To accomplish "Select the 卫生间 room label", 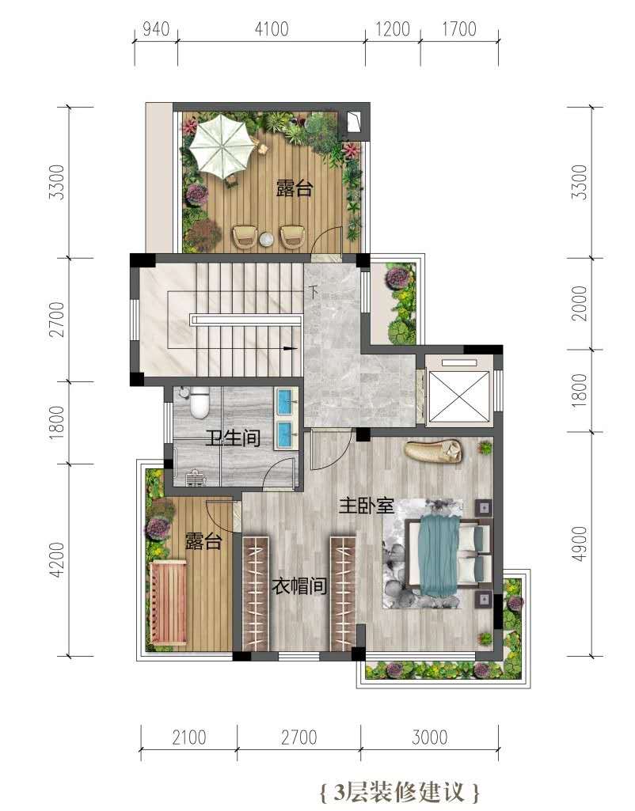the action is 232,438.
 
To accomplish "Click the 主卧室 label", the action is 367,506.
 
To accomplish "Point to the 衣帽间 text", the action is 299,586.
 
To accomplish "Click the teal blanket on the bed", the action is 439,556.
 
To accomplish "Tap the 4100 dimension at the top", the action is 272,29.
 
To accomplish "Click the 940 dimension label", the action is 156,29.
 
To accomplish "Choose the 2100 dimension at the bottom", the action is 189,737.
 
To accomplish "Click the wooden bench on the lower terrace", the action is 168,603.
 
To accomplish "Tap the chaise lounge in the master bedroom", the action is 432,451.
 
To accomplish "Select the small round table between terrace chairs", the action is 266,239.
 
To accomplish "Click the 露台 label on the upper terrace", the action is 295,188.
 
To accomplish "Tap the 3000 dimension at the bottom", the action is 430,737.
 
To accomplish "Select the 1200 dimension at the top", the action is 393,29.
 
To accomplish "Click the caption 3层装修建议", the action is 400,792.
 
